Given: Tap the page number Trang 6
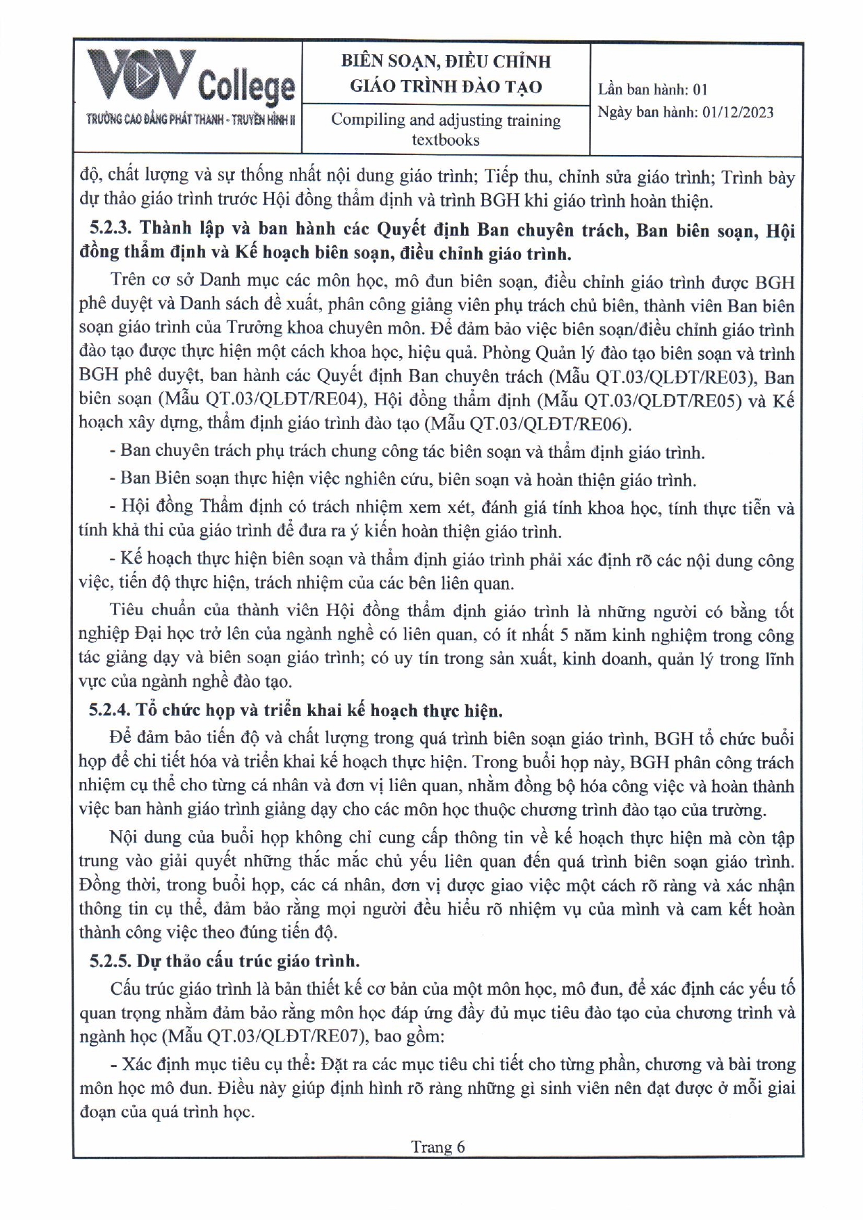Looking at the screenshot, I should [437, 1146].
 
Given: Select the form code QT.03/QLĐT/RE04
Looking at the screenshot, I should [285, 400].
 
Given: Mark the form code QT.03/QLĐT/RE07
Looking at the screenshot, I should [286, 1036].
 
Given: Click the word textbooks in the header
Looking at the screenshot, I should [445, 140].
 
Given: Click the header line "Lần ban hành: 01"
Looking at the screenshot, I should [652, 89].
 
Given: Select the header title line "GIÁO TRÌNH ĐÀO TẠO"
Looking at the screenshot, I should [445, 86].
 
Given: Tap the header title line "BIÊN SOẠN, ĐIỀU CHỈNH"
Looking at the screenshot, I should [445, 61].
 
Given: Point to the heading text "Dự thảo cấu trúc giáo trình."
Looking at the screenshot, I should [248, 961].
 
